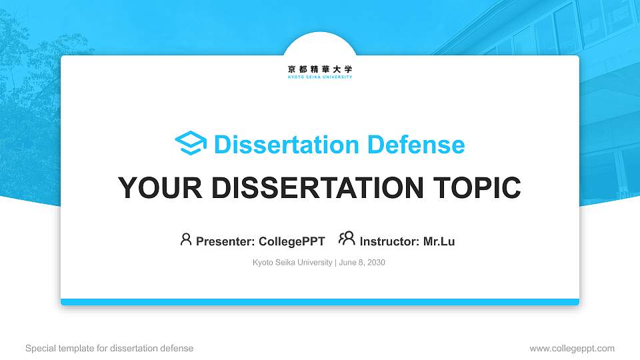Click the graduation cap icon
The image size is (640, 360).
pyautogui.click(x=191, y=143)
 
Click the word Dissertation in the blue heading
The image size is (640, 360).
pyautogui.click(x=287, y=145)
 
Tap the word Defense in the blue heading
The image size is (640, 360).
pyautogui.click(x=416, y=145)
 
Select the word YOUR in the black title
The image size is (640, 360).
pyautogui.click(x=160, y=188)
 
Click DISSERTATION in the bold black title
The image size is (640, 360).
pyautogui.click(x=317, y=188)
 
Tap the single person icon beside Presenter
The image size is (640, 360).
pyautogui.click(x=186, y=239)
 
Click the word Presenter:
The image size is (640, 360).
pyautogui.click(x=225, y=241)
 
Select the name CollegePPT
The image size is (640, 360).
pyautogui.click(x=292, y=241)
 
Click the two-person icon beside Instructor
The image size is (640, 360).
pyautogui.click(x=347, y=239)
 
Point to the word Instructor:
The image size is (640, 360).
pyautogui.click(x=389, y=241)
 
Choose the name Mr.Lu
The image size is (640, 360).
pyautogui.click(x=439, y=241)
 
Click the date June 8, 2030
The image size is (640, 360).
pyautogui.click(x=362, y=263)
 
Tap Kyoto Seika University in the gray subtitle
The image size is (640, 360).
pyautogui.click(x=292, y=263)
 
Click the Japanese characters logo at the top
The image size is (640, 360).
pyautogui.click(x=320, y=69)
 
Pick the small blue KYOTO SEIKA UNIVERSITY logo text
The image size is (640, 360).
pyautogui.click(x=320, y=77)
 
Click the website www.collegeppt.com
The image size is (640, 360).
pyautogui.click(x=572, y=349)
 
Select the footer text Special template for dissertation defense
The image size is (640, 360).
pyautogui.click(x=109, y=349)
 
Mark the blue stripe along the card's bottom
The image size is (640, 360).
pyautogui.click(x=320, y=302)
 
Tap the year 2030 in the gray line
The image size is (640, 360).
pyautogui.click(x=376, y=263)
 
